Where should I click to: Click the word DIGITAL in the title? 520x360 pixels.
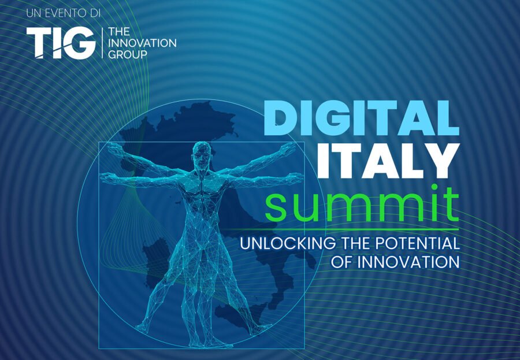tap(361, 118)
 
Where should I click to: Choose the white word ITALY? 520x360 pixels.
tap(389, 159)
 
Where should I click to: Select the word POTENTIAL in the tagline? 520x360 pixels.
tap(417, 243)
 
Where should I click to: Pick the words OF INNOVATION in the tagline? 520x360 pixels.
tap(395, 262)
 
